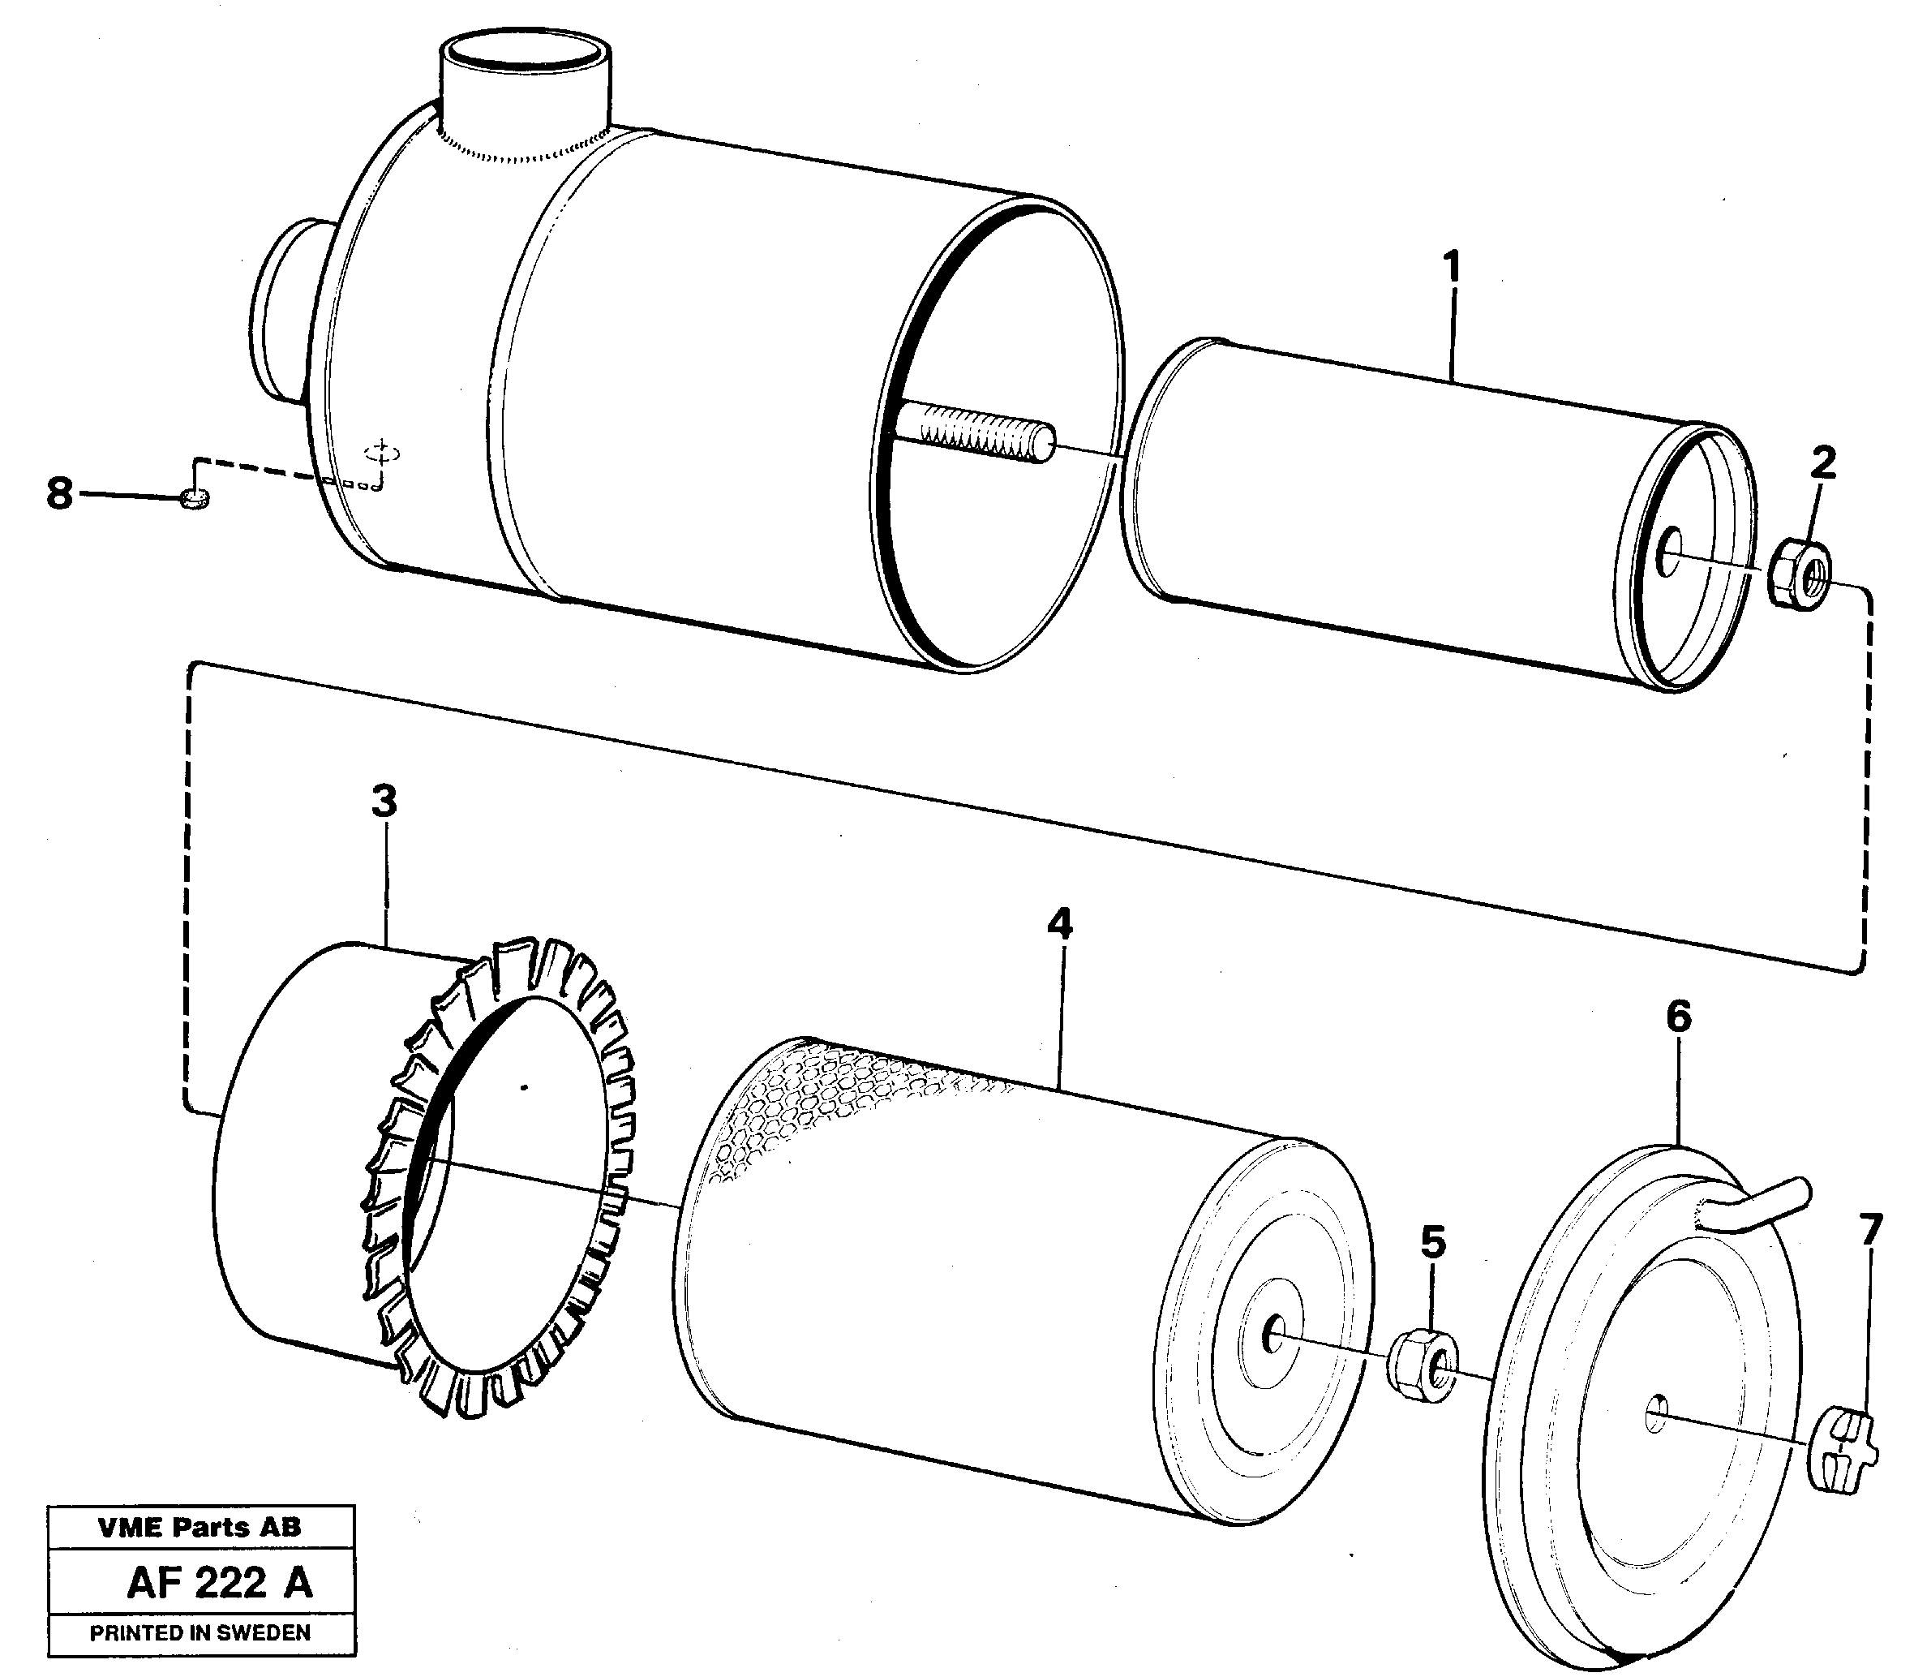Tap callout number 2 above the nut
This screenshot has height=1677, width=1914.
[1822, 462]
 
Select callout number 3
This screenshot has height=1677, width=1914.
[384, 802]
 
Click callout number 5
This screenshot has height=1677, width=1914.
[1433, 1244]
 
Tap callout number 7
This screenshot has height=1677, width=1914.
[1869, 1230]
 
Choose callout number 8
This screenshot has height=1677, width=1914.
[59, 492]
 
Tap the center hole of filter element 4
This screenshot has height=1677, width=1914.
[1272, 1333]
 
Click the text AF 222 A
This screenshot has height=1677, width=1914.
[220, 1584]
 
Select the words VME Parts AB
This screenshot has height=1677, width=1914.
[200, 1527]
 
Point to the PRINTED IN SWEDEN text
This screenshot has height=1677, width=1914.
[200, 1633]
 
